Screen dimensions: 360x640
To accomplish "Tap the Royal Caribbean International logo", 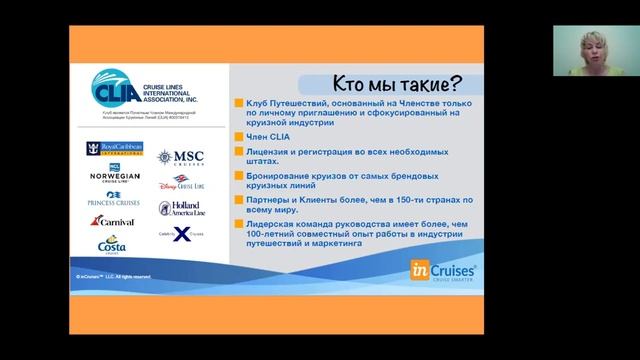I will click(114, 150).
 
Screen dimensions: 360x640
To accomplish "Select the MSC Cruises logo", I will click(181, 156).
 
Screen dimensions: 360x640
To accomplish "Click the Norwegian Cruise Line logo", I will click(114, 173).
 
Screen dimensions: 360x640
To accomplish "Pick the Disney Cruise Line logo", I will click(181, 183).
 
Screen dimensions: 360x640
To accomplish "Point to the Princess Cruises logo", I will click(113, 197).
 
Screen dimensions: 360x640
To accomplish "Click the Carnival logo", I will click(115, 221).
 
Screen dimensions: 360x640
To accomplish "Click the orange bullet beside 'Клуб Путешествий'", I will click(236, 105).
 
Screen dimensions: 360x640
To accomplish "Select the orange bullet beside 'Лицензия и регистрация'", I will click(236, 151).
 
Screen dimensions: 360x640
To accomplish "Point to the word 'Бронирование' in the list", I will click(275, 175).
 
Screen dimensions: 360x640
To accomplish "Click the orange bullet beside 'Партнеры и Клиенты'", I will click(236, 199).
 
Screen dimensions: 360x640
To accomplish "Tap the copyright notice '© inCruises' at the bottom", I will click(113, 275).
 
